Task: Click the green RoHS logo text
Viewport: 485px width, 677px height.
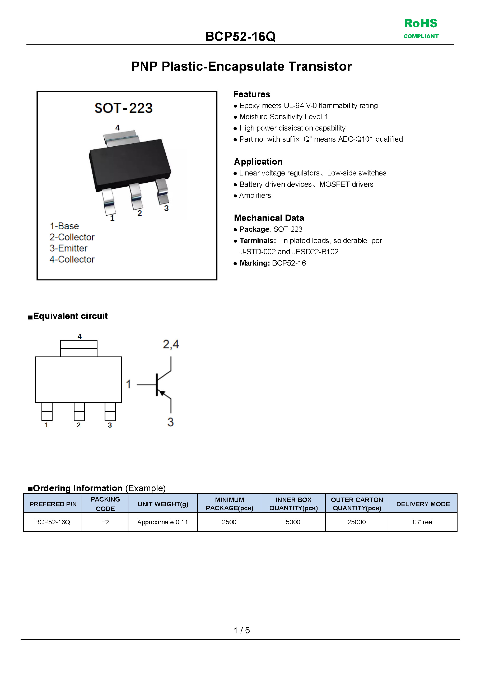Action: [421, 24]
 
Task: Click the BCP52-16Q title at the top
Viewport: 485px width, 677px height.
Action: [240, 37]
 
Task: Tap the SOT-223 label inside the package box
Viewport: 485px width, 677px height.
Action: [123, 108]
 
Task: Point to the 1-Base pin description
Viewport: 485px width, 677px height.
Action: [64, 226]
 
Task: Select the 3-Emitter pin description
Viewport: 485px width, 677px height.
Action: [68, 248]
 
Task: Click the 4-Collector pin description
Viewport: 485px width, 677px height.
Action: [72, 259]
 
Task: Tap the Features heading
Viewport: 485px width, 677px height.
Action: [251, 94]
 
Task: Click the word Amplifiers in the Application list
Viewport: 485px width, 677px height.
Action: [255, 196]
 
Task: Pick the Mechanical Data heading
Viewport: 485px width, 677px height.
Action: [269, 218]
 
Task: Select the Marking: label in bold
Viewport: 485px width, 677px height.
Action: [255, 263]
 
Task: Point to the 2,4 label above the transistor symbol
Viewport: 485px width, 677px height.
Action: [171, 345]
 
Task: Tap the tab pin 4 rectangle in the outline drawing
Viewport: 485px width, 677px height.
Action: [79, 348]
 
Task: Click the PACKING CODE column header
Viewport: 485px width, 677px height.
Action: [105, 504]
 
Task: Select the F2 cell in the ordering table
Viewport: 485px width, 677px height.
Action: [105, 522]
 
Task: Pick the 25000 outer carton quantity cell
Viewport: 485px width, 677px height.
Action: [356, 522]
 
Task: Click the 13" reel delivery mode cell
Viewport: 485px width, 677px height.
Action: [422, 522]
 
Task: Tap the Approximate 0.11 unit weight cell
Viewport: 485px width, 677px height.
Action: [163, 522]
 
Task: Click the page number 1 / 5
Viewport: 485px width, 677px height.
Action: [242, 630]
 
